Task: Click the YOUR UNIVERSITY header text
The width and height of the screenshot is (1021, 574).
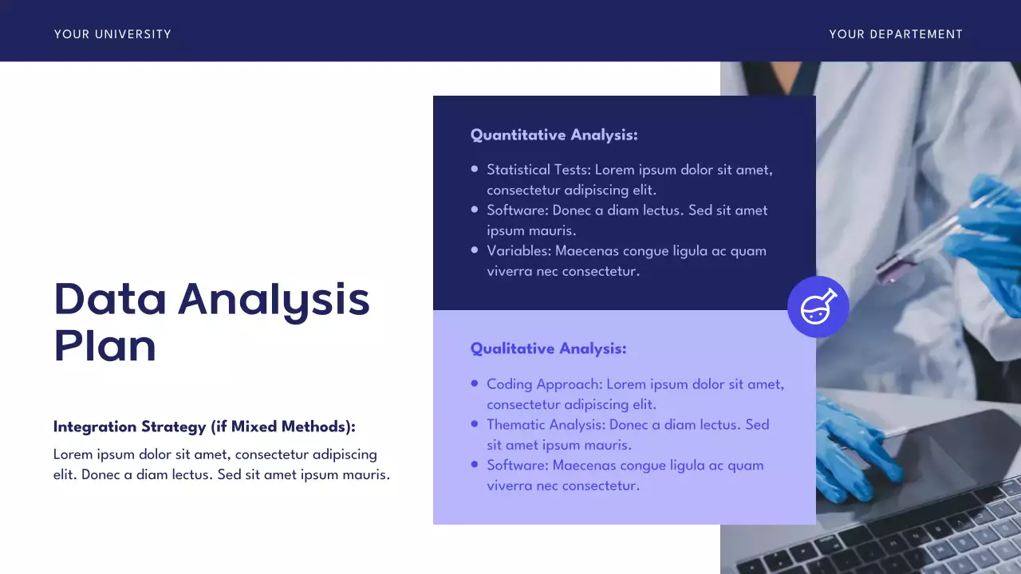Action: coord(112,34)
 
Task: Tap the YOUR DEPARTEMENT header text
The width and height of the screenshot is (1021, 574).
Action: coord(896,34)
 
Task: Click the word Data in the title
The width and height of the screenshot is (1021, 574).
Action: coord(110,299)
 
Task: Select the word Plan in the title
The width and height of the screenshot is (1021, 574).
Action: coord(104,346)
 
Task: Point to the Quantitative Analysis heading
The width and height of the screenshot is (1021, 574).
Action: coord(554,136)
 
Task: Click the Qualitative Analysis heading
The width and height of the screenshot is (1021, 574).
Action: coord(548,349)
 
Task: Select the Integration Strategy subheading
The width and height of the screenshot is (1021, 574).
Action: coord(204,427)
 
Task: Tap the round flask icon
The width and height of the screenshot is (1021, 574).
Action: coord(818,307)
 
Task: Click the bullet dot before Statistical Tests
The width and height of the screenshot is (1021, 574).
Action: coord(475,169)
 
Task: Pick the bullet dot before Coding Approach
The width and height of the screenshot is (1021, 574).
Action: coord(475,383)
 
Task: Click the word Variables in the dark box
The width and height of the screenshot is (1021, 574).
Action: coord(518,251)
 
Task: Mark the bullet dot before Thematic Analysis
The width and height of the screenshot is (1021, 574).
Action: coord(475,424)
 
